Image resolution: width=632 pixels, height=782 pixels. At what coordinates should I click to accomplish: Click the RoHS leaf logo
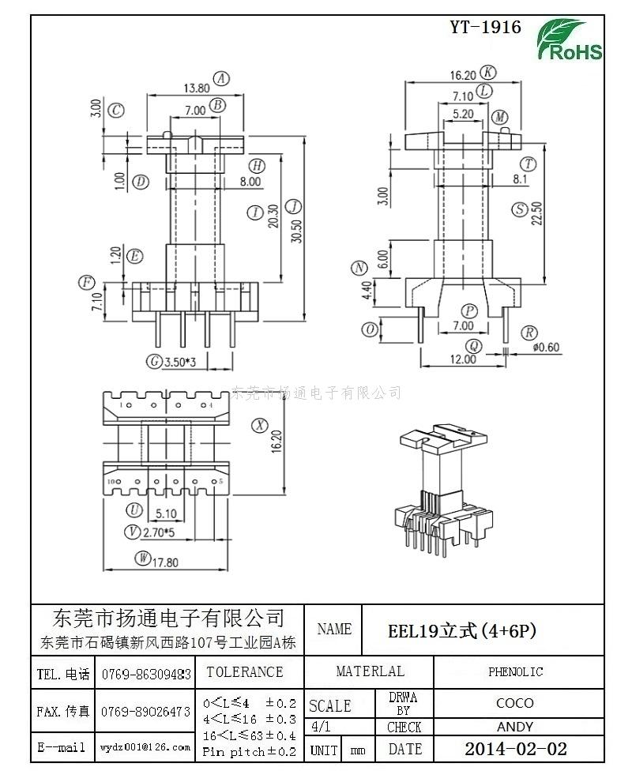click(x=569, y=39)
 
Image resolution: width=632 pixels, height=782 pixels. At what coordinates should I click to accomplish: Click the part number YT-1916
click(x=485, y=27)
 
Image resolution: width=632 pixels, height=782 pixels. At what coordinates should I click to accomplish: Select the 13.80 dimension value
click(x=196, y=88)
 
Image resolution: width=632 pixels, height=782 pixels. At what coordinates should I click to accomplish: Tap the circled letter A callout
click(x=222, y=78)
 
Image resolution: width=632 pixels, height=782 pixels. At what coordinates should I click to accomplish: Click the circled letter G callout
click(x=154, y=362)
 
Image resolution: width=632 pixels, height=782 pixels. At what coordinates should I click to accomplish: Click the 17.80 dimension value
click(x=167, y=562)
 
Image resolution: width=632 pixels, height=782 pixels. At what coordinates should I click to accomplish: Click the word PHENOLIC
click(x=515, y=672)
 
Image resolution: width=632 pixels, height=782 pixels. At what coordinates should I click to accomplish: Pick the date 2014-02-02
click(x=515, y=749)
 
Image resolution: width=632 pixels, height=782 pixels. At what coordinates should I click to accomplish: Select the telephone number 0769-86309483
click(x=146, y=674)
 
